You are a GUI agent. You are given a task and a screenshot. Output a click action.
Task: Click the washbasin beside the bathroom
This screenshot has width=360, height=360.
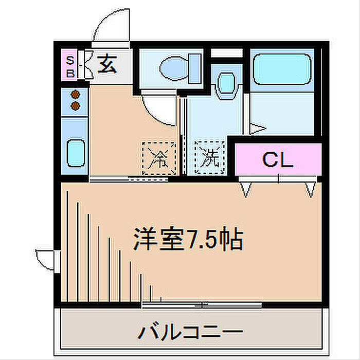[225, 83]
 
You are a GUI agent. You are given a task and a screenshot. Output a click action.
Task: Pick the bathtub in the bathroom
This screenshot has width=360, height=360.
[281, 69]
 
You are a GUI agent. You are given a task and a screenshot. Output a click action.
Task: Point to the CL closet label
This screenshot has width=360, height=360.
[278, 160]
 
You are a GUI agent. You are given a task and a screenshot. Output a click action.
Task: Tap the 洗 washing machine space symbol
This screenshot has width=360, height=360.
[209, 156]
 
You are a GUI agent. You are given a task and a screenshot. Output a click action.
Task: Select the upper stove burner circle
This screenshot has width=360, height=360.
[76, 95]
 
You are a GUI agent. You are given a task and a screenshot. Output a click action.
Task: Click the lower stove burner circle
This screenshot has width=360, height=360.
[76, 105]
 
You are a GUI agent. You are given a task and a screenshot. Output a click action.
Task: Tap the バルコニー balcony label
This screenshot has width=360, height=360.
[189, 331]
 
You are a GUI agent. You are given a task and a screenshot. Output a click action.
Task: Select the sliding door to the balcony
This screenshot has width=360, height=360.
[202, 304]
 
